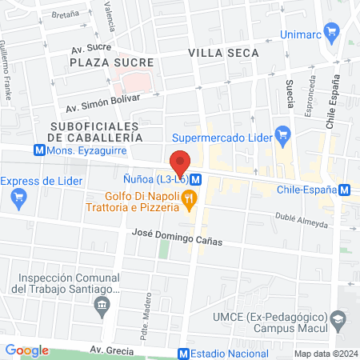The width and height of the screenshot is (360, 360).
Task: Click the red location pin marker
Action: pyautogui.click(x=180, y=162)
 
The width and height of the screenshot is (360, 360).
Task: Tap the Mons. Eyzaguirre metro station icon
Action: pyautogui.click(x=39, y=150)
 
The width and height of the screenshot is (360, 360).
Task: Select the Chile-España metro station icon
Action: pyautogui.click(x=344, y=190)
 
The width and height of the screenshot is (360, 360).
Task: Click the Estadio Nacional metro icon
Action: pyautogui.click(x=183, y=354)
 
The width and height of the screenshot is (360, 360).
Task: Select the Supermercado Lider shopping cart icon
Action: pyautogui.click(x=282, y=133)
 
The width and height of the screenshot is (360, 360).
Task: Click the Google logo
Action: pyautogui.click(x=26, y=350)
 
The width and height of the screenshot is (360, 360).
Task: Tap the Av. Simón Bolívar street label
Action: pyautogui.click(x=102, y=103)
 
